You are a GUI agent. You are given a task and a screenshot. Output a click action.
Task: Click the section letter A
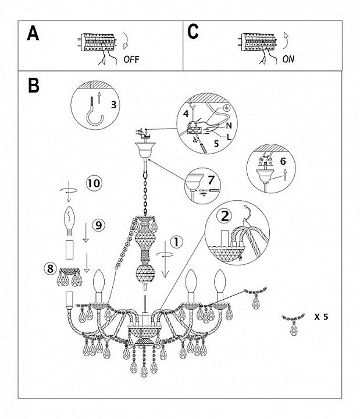[x=34, y=34]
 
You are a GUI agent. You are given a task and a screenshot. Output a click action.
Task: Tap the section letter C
[x=193, y=33]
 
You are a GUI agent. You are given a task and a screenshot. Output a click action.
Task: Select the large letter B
[x=34, y=86]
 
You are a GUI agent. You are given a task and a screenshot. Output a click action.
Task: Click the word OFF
[x=131, y=59]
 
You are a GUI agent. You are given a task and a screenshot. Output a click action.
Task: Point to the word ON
[x=288, y=59]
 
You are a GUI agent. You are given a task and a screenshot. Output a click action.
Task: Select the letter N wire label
[x=229, y=125]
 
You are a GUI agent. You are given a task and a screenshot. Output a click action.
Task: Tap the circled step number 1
[x=177, y=240]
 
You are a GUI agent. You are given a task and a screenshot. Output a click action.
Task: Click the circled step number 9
[x=98, y=223]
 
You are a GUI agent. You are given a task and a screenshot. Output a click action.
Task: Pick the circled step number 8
[x=51, y=268]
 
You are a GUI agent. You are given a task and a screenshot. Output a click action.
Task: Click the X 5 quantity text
[x=322, y=317]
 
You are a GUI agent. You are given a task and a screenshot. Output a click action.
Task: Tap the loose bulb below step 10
[x=70, y=219]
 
